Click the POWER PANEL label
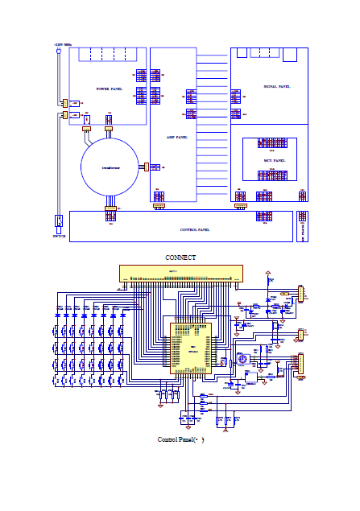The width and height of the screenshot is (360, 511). coord(109,89)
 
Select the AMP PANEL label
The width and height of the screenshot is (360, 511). coord(176,138)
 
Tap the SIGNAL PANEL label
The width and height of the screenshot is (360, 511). coord(276,85)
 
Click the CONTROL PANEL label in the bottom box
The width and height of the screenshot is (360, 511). coord(194,229)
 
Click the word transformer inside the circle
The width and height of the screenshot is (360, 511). coord(111,167)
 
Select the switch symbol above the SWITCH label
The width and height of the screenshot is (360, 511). coord(59,221)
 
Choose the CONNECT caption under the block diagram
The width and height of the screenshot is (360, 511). coord(180,258)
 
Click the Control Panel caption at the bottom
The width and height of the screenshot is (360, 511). coord(180,439)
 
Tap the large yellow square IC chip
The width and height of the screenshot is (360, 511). coord(188,346)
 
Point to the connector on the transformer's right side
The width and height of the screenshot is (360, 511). coord(147,167)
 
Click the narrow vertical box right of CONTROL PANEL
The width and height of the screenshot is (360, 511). coord(302,226)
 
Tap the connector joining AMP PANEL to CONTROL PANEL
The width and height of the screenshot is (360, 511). coord(159,206)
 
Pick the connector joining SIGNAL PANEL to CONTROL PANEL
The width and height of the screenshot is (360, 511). coord(239,206)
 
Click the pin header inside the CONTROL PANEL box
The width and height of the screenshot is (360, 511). coord(263,216)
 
